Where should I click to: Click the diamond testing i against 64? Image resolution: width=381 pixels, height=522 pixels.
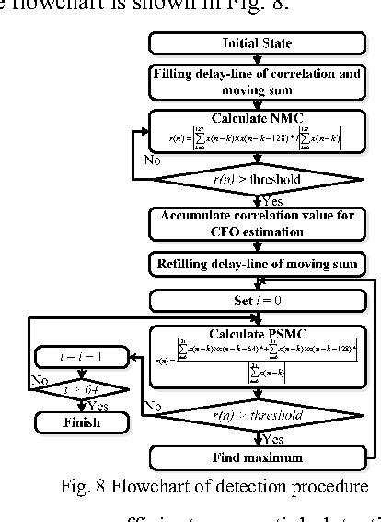[x=80, y=391]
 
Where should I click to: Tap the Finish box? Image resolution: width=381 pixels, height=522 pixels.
[x=80, y=422]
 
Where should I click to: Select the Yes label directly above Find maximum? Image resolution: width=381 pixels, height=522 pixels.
[x=273, y=439]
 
